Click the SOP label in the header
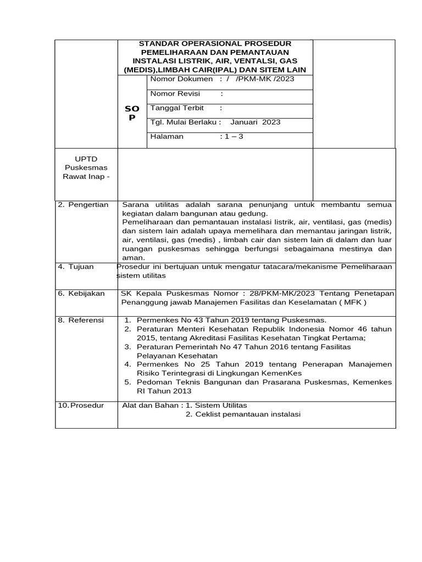click(132, 114)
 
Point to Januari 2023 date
click(255, 122)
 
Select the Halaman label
click(167, 137)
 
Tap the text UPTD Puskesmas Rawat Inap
click(87, 168)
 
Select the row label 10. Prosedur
click(81, 406)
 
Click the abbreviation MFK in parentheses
click(352, 302)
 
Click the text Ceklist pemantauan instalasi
click(248, 414)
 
